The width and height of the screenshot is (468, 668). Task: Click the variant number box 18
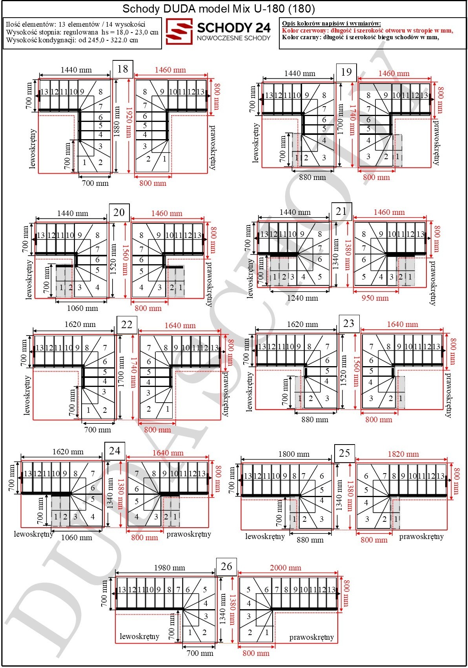coord(123,69)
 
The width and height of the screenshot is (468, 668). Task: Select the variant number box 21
coord(341,211)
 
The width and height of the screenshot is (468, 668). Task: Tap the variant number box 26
coord(226,566)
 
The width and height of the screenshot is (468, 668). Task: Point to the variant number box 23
coord(349,323)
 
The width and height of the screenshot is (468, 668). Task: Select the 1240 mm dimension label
coord(302,298)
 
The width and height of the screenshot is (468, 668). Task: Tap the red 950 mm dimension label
coord(375,298)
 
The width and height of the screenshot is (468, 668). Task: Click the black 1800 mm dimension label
coord(294,454)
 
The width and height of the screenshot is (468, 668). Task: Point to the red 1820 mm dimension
coord(403,454)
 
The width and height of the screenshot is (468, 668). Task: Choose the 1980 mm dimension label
coord(169,568)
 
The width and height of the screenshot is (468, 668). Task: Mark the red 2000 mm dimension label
coord(285,568)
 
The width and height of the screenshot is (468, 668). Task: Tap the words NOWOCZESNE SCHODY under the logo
coord(233,38)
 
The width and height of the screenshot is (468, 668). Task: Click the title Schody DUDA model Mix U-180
coord(204,9)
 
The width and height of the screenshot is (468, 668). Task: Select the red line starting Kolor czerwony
coord(368,31)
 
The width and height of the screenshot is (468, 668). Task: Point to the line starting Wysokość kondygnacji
coord(72,40)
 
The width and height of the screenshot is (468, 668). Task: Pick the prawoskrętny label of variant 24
coord(189,534)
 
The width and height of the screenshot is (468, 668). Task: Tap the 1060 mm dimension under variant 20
coord(82,308)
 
